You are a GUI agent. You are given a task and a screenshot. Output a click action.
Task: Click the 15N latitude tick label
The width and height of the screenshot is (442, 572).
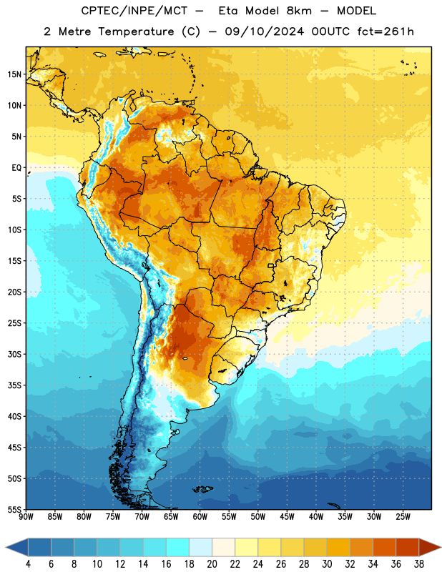(x=14, y=74)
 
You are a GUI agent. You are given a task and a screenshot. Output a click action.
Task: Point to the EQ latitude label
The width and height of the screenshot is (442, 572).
(x=16, y=168)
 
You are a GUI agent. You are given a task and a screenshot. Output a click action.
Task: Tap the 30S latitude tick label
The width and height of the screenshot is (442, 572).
(x=14, y=354)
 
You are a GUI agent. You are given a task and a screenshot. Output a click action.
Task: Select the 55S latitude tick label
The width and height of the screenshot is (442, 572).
(x=14, y=509)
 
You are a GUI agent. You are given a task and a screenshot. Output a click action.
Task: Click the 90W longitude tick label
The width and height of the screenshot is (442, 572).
(x=26, y=516)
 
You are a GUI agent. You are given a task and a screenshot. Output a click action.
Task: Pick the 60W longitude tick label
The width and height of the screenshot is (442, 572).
(x=200, y=516)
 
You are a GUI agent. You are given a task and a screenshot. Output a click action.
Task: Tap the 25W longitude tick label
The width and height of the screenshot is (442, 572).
(x=403, y=516)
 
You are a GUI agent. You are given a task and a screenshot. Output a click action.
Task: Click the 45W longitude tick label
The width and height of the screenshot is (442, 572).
(x=287, y=516)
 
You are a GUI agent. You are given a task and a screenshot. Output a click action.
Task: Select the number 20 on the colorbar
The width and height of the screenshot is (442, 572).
(x=212, y=564)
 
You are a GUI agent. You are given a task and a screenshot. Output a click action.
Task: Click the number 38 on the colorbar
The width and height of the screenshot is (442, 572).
(x=419, y=564)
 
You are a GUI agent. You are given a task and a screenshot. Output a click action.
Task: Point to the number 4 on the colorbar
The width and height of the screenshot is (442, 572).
(x=28, y=564)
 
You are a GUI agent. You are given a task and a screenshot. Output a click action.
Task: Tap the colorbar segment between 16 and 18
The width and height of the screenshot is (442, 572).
(x=178, y=547)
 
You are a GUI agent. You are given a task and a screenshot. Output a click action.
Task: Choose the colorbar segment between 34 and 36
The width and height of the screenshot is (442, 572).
(x=384, y=547)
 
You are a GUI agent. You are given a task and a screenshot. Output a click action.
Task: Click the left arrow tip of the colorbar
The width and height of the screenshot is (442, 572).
(x=6, y=547)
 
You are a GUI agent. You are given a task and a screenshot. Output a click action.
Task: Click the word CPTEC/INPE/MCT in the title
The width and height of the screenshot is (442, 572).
(x=134, y=11)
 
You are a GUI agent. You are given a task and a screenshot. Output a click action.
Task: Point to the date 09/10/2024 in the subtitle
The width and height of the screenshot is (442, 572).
(x=264, y=31)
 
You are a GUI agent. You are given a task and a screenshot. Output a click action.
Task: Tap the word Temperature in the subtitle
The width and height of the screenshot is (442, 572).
(x=136, y=32)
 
